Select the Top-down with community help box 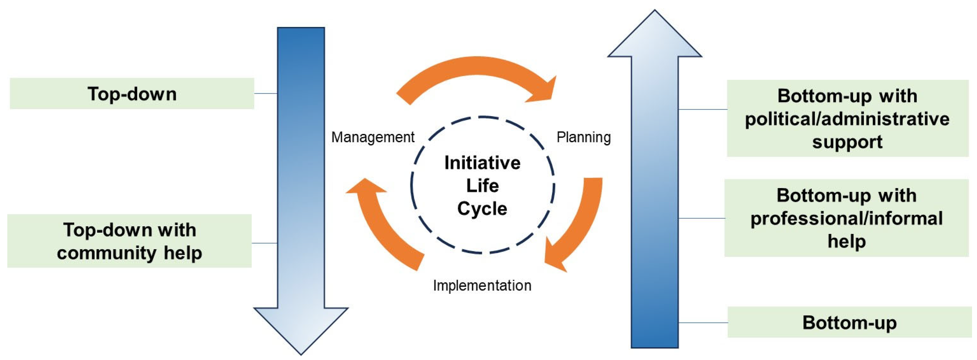tap(129, 241)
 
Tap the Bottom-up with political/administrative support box tap(847, 118)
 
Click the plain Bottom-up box tap(849, 323)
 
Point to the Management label tap(373, 137)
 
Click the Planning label tap(583, 137)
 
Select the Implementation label tap(482, 285)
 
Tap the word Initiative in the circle tap(483, 163)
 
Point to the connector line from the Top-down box tap(265, 93)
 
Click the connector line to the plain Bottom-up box tap(703, 323)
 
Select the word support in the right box tap(847, 142)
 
